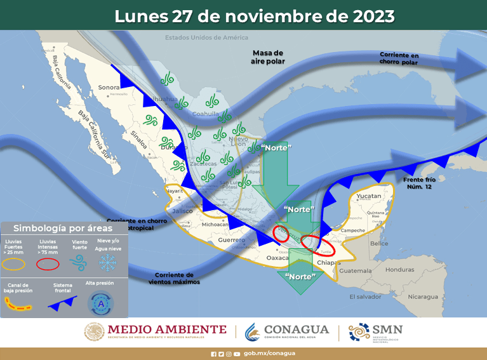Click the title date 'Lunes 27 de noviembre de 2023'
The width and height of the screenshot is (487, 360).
[x=254, y=15]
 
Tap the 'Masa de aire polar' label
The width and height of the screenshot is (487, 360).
[x=269, y=57]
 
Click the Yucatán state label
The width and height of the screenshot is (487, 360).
[x=370, y=196]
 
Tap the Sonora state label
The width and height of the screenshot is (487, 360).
[x=109, y=88]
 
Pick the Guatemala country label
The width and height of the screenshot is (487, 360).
[x=356, y=270]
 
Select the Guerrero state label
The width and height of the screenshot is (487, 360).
[x=231, y=240]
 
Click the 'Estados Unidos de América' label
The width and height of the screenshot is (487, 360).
[x=199, y=37]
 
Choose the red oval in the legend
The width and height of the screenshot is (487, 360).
[x=49, y=263]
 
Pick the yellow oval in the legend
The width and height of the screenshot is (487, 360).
[x=18, y=263]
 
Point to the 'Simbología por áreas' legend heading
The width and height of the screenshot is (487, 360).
[x=63, y=228]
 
